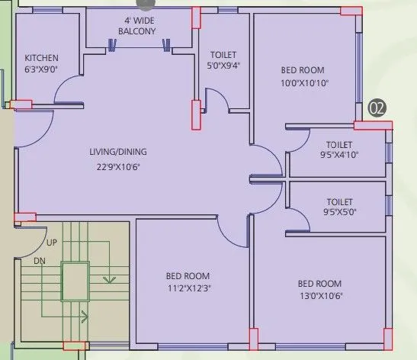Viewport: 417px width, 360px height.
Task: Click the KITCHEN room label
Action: [x=41, y=59]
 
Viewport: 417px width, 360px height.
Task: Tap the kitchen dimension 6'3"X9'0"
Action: [x=42, y=69]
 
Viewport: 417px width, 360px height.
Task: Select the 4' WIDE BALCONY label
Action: [x=137, y=26]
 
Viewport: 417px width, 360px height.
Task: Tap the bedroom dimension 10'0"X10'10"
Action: [x=303, y=84]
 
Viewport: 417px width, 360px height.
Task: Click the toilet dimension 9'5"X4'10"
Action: [x=338, y=154]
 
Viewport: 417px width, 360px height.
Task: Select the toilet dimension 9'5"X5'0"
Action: [x=338, y=212]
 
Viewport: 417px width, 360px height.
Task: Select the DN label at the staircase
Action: [x=40, y=261]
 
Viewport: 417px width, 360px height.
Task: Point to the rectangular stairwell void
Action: [x=76, y=281]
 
